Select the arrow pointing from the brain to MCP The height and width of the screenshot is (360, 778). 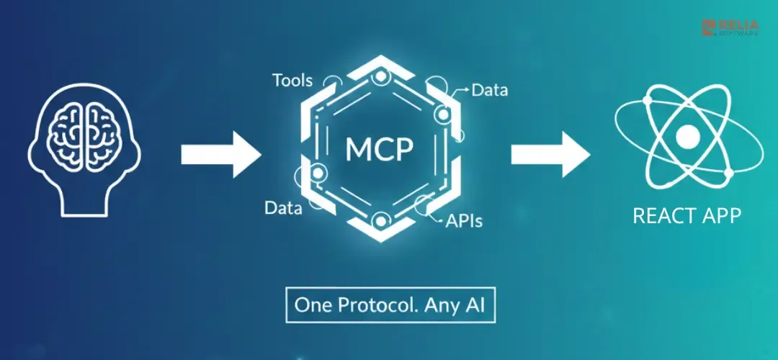[220, 153]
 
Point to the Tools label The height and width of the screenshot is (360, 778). [292, 80]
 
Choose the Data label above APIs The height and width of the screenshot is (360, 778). [490, 91]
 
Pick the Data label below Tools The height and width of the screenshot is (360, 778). [282, 209]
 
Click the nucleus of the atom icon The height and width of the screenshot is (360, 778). [688, 135]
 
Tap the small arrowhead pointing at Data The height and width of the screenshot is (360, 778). [467, 90]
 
